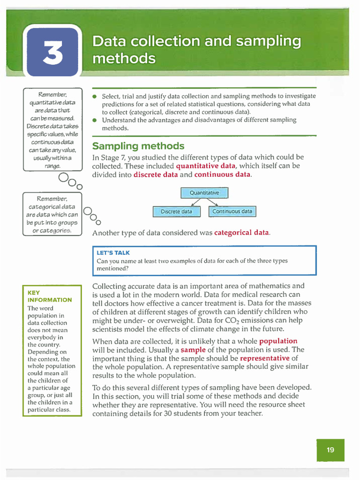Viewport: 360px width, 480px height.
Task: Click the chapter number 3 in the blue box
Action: [52, 54]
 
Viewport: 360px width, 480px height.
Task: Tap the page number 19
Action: [330, 450]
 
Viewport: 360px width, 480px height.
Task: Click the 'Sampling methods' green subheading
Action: [138, 146]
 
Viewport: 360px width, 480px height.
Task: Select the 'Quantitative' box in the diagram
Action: [204, 193]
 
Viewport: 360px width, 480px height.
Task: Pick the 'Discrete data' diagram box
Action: [177, 211]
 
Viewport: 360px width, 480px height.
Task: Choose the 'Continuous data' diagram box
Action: [232, 211]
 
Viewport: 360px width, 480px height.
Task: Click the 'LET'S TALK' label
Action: [113, 253]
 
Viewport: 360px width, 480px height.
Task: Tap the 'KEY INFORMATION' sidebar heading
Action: [50, 296]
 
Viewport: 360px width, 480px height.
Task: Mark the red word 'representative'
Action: [265, 358]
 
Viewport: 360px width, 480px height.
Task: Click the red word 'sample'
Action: [193, 350]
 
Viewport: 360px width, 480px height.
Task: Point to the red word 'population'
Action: [278, 341]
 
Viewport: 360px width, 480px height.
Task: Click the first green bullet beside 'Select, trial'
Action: [95, 96]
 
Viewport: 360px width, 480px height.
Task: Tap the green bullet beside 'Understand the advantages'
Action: [95, 120]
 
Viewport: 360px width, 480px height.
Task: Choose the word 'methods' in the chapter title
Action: [124, 59]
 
